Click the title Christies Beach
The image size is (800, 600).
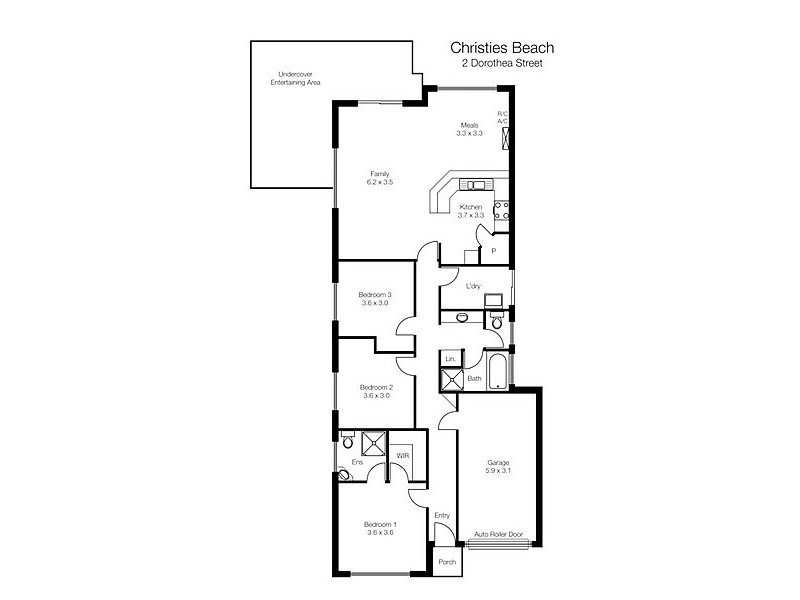(x=502, y=47)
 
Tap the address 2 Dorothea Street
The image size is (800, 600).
(x=502, y=64)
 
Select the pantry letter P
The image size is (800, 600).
(x=493, y=251)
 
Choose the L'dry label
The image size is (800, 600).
(x=473, y=286)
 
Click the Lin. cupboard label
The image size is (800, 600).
(x=450, y=358)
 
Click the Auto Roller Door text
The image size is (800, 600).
(x=499, y=535)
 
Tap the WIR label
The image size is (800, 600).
(x=403, y=455)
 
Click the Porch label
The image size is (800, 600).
(x=447, y=562)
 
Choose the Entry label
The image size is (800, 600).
(x=442, y=516)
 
